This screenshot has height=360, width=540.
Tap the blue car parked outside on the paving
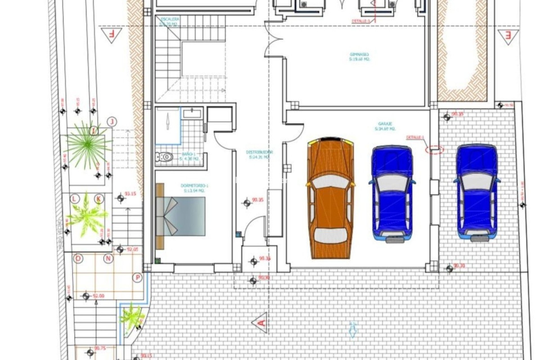[476, 193]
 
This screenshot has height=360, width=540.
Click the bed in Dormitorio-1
[181, 216]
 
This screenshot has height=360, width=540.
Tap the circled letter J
[112, 122]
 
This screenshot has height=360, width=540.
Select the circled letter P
[138, 278]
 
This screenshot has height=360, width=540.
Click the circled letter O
[78, 258]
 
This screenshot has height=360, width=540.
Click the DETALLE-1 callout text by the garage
[415, 138]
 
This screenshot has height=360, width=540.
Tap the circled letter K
[99, 199]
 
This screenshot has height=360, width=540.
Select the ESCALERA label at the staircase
[170, 19]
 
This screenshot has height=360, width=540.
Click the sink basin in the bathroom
[192, 114]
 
